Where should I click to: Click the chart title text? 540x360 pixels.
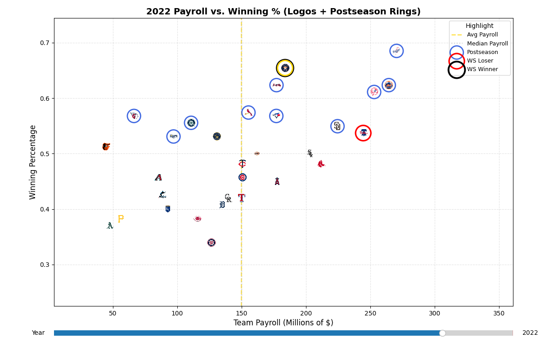coord(283,12)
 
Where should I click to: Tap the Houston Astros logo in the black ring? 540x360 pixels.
coord(285,68)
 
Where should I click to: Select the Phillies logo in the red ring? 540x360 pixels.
coord(363,133)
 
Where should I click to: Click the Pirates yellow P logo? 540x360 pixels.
coord(121,219)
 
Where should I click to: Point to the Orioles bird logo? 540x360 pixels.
coord(106,146)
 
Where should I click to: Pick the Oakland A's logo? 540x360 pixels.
coord(110,225)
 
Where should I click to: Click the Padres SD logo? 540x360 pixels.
coord(337,126)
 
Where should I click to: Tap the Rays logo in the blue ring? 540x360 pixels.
coord(173,136)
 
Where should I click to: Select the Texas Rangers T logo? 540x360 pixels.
coord(242,198)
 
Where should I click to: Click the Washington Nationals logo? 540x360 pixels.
coord(211,243)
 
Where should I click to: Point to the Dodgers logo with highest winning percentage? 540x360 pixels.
coord(396,51)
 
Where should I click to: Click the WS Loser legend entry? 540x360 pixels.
coord(480,61)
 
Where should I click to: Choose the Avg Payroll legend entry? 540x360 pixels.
coord(482,35)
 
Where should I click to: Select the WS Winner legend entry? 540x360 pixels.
coord(482,69)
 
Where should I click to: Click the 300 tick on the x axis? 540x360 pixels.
coord(435,313)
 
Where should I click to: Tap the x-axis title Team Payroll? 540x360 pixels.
coord(283,323)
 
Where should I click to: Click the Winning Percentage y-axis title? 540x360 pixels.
coord(33,162)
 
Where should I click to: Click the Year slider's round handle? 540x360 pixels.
coord(442,333)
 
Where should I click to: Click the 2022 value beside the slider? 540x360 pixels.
coord(530,333)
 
